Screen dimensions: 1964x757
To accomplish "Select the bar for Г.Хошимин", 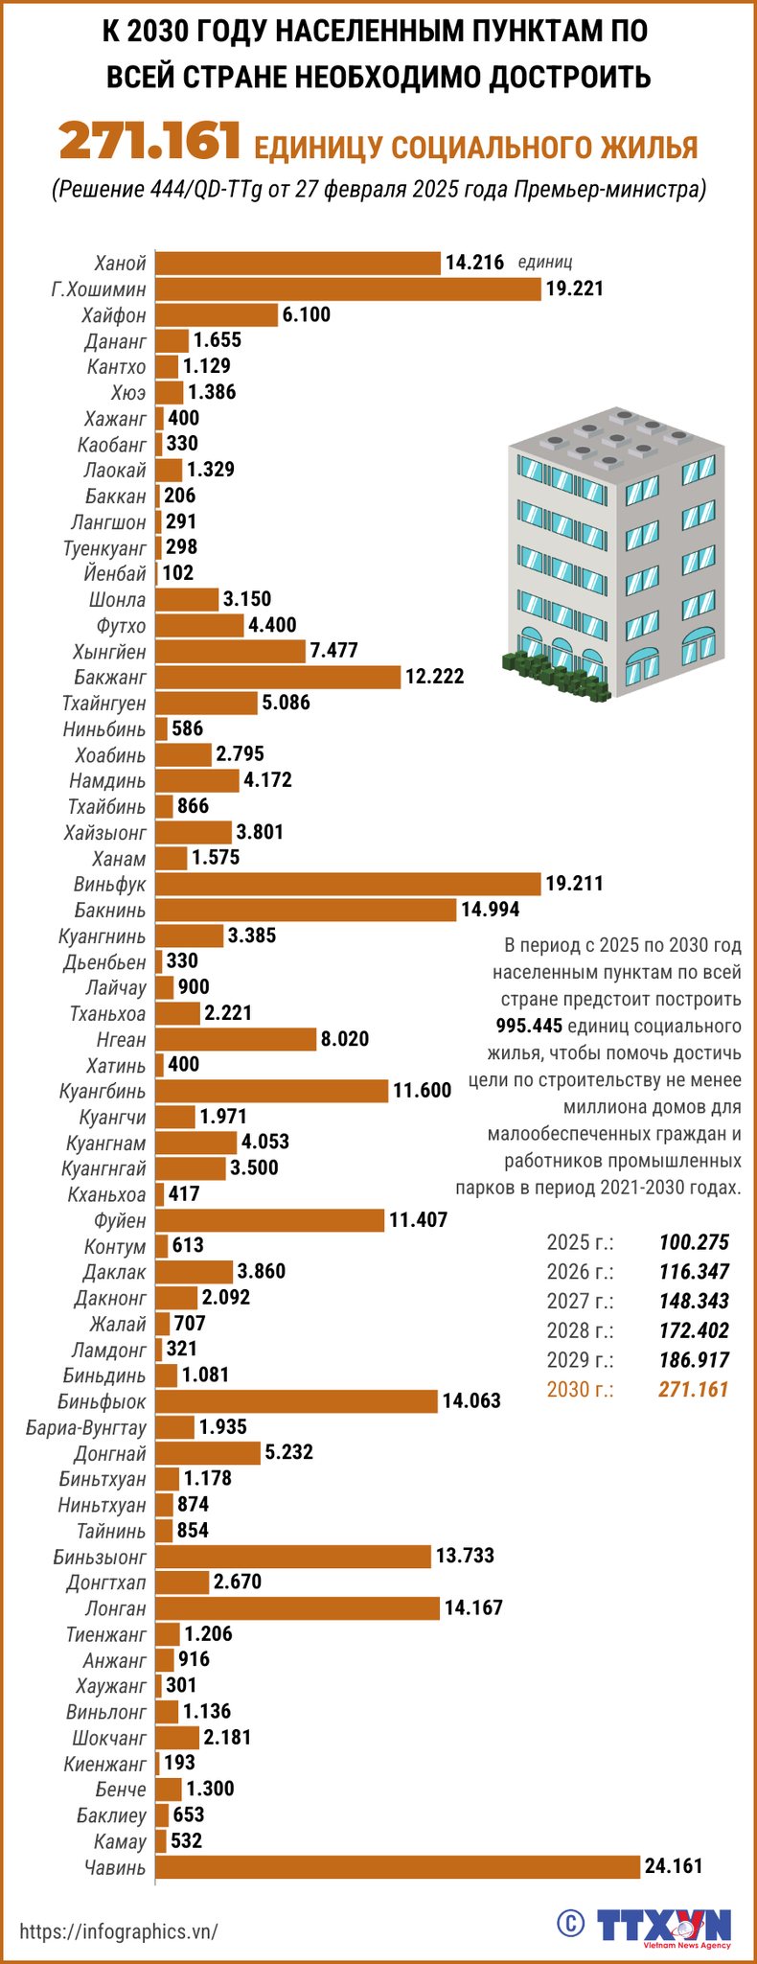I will [348, 289].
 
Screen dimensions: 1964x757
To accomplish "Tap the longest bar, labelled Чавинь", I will [397, 1866].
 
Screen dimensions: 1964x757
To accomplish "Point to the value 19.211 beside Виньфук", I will [574, 884].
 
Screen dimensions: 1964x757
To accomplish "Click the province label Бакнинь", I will [110, 910].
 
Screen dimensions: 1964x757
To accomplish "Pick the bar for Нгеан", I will [235, 1039].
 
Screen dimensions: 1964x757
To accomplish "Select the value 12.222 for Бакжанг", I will [434, 677].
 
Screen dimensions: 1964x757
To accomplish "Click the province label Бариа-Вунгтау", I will [87, 1427].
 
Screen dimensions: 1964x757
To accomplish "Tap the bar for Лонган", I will [296, 1607].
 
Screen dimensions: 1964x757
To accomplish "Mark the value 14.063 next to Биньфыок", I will [470, 1401].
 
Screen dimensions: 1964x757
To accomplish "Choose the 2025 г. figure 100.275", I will [694, 1243].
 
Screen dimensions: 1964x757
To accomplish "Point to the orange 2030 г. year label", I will [580, 1389].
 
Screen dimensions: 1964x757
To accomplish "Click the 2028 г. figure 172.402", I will [694, 1330].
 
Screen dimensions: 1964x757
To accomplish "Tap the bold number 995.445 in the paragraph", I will [529, 1027].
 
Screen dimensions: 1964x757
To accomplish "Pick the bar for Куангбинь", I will [272, 1091].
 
